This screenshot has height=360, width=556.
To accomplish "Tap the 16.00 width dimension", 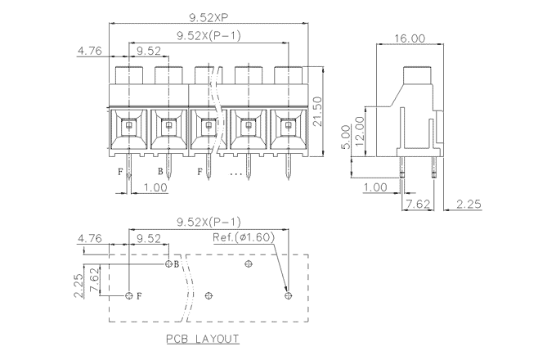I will pyautogui.click(x=408, y=38).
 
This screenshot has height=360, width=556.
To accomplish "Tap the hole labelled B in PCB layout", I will pyautogui.click(x=168, y=264).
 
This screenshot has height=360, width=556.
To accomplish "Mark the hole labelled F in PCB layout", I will pyautogui.click(x=129, y=295).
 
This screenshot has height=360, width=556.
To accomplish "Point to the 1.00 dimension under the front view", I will pyautogui.click(x=155, y=187).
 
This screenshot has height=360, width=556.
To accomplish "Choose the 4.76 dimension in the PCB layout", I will pyautogui.click(x=89, y=238).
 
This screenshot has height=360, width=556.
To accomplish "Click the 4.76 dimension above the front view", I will pyautogui.click(x=89, y=51).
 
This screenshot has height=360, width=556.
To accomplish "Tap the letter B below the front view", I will pyautogui.click(x=160, y=172).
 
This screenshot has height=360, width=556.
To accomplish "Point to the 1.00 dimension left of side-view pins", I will pyautogui.click(x=374, y=187).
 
